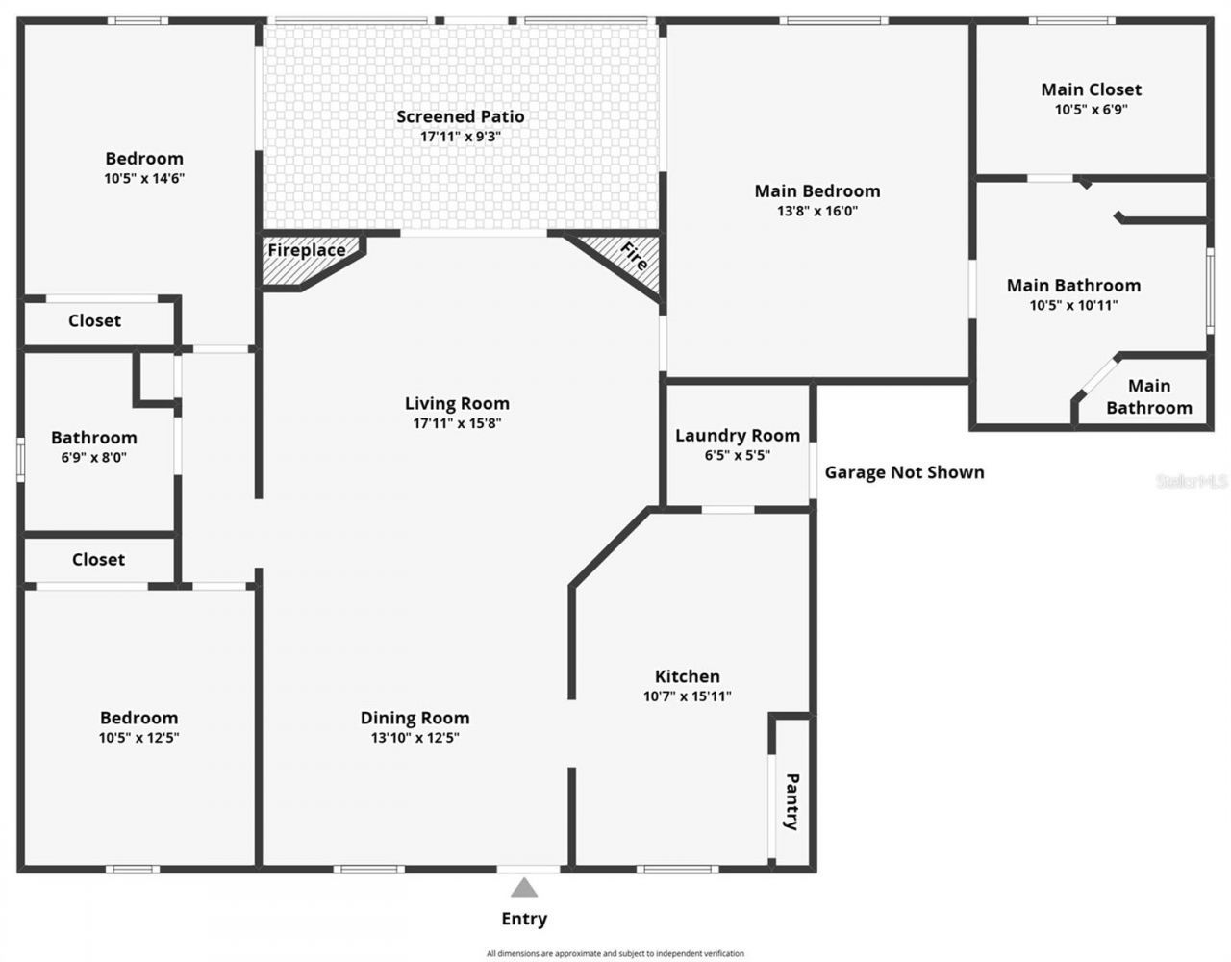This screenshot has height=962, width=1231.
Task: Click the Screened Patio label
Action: point(460,116)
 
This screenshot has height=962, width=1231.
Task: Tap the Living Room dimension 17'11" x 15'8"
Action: point(457,423)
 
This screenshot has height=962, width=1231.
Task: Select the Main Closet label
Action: point(1091,89)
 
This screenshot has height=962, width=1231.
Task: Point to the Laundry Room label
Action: point(737,436)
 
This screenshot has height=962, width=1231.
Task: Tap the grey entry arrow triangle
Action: point(523,887)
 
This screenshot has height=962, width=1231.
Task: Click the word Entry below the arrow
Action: point(523,919)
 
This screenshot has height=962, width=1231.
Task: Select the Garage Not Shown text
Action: point(904,472)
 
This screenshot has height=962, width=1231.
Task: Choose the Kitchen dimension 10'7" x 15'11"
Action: point(687,696)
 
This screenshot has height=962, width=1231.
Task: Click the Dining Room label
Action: point(415,718)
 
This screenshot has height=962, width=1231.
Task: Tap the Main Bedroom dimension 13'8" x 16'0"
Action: point(816,211)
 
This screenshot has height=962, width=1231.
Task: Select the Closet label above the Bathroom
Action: point(94,320)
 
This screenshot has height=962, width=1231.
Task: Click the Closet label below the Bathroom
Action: point(98,559)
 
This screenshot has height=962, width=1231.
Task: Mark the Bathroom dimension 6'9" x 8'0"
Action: point(93,458)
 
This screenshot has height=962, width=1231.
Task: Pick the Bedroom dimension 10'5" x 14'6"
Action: point(143,178)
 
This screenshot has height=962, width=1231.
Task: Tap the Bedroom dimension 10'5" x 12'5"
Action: point(138,738)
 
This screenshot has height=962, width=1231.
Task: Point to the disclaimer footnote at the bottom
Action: point(615,953)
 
